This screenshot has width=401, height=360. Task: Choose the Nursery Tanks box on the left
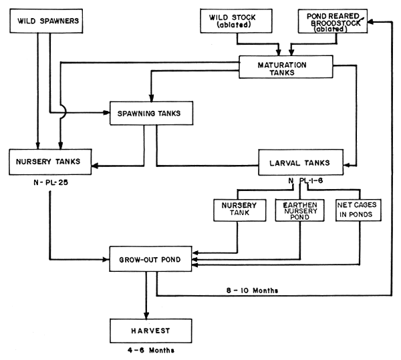49,162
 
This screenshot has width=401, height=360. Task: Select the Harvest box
148,330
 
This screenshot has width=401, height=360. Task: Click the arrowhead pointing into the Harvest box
146,314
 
